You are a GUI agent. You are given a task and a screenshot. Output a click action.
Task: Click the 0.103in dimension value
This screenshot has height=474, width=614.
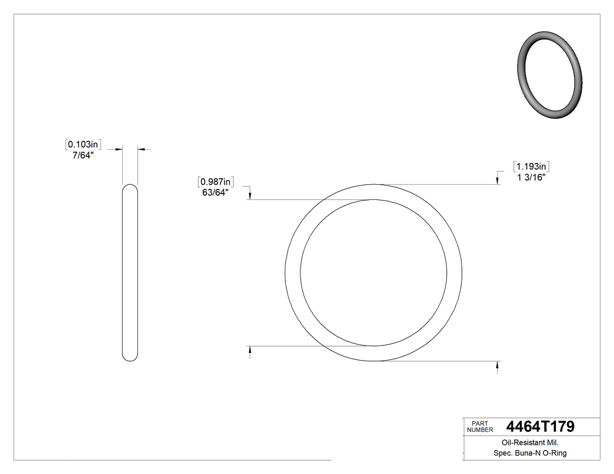tap(84, 144)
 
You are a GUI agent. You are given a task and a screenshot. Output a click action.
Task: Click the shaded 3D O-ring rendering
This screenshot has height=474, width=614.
tap(550, 75)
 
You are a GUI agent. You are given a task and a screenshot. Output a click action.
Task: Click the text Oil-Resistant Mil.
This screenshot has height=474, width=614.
tap(526, 442)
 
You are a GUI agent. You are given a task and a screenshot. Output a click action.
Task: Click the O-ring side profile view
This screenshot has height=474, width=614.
tap(130, 272)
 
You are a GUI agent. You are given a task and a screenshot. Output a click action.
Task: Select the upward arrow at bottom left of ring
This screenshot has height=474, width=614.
tap(251, 351)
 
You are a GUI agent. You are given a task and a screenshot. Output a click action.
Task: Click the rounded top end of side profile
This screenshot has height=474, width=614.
tap(130, 188)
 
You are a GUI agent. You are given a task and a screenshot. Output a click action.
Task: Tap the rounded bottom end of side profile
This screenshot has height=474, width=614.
tap(130, 357)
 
